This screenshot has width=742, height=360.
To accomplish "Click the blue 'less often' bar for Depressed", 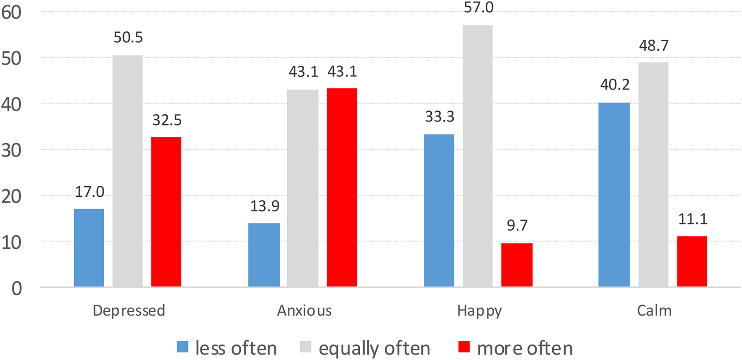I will [x=89, y=248].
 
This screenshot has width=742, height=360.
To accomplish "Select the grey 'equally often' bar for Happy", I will [x=477, y=156].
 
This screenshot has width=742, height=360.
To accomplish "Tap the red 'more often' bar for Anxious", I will [x=342, y=188].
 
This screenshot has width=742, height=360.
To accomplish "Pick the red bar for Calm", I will [x=692, y=262].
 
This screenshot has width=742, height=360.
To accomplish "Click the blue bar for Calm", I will [x=614, y=195].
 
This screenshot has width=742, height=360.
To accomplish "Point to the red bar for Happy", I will [x=517, y=265].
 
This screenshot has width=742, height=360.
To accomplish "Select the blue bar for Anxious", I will [x=264, y=255].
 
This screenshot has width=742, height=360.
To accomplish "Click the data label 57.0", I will [x=479, y=8].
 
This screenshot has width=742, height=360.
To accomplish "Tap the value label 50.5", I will [x=128, y=38].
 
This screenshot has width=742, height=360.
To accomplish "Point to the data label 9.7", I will [x=517, y=226].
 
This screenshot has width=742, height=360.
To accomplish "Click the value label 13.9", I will [x=265, y=206].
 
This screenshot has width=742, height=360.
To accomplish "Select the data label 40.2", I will [x=615, y=85].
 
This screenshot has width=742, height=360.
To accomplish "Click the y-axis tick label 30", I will [x=11, y=150].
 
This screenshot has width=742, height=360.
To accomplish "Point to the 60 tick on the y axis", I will [x=11, y=13].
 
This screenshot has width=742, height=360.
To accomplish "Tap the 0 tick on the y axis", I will [x=17, y=288].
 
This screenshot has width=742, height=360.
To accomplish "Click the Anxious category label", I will [x=304, y=311].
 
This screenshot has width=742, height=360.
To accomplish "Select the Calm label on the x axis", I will [x=654, y=311].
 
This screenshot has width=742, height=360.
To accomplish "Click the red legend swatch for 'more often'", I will [x=464, y=347].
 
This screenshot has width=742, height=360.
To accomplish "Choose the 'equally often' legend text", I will [x=374, y=348].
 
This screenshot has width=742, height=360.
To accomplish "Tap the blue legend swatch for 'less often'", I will [x=183, y=347].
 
